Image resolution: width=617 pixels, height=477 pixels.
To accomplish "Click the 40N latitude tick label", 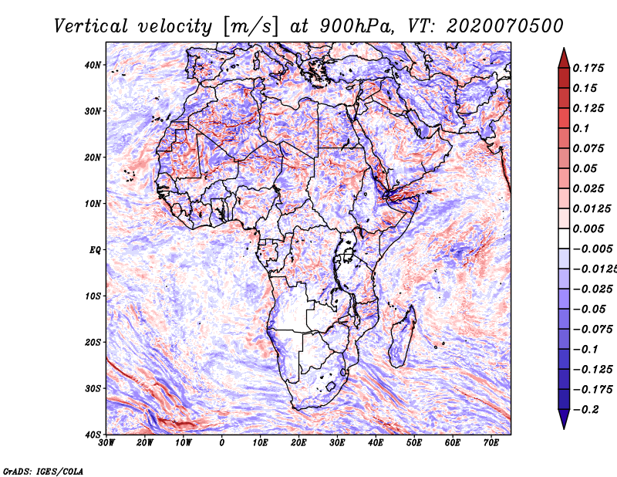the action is pos(93,65).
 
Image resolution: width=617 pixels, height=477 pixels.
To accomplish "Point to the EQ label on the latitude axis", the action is pos(95,250).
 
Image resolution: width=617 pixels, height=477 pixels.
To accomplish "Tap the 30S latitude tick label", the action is pos(93,389).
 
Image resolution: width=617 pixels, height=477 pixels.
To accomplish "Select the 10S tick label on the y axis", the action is pos(93,296).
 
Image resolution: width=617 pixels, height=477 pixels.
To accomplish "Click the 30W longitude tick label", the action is pos(106,443).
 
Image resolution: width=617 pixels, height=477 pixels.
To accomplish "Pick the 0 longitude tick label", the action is pos(222,443).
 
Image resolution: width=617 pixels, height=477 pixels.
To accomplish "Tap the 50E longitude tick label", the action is pos(414,443).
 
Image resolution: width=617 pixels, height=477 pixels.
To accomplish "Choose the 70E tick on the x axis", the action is pos(491,443).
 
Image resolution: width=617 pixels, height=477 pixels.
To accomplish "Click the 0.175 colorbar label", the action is pos(588,68).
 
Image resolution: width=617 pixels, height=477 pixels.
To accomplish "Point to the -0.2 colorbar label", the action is pos(585,410).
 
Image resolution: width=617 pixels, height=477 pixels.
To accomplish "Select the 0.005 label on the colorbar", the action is pos(588,228).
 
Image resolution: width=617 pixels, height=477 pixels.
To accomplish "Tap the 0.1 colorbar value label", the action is pos(581,128).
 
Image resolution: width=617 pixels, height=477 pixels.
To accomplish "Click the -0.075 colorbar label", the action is pos(592,330).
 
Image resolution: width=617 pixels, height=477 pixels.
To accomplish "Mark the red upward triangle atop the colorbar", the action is pos(564,59).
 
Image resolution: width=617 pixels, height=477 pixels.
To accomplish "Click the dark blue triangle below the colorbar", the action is pos(564,419).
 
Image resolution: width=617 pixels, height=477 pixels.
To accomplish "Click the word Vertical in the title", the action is pos(91,26).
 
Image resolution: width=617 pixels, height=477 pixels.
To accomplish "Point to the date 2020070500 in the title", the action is pos(505,26).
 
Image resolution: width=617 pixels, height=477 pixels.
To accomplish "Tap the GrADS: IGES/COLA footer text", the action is pos(43,472).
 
